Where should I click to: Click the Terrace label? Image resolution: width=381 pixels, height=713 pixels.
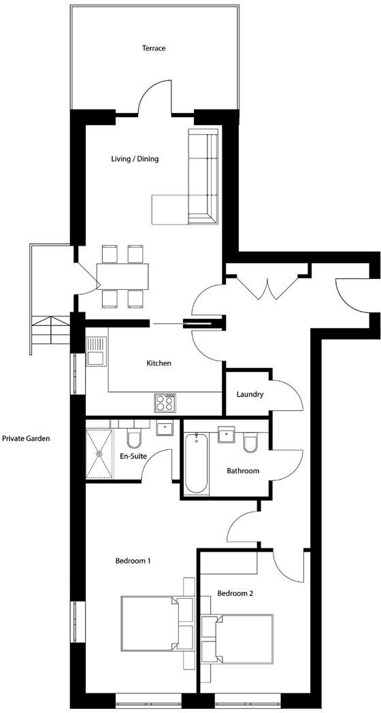154,48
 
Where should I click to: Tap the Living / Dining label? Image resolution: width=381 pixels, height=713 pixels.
135,159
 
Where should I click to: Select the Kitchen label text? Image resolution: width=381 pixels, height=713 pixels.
159,363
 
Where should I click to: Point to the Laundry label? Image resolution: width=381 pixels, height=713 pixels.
250,395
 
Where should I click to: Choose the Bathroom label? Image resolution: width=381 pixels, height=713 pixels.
243,471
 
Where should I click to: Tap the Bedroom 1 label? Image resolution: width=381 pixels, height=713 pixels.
133,561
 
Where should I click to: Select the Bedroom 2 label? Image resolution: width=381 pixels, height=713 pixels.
235,593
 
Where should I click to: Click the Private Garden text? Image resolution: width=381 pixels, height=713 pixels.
25,439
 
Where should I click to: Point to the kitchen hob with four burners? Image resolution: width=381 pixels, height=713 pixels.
165,403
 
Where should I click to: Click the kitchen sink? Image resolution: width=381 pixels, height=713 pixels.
95,352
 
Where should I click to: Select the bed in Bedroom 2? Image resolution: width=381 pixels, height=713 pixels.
239,638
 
